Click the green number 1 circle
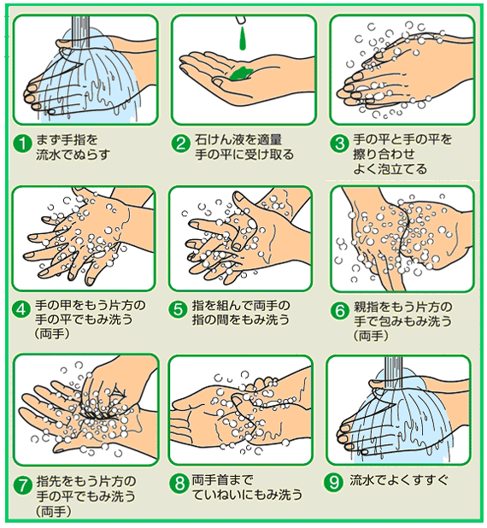point(22,144)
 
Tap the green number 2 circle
point(180,144)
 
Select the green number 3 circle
point(339,144)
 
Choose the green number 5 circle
point(178,309)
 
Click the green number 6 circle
point(339,311)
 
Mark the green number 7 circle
point(22,486)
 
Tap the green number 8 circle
point(179,484)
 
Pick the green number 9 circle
point(333,482)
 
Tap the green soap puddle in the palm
point(242,73)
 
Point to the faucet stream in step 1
point(81,31)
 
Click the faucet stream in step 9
point(393,370)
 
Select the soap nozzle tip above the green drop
point(241,20)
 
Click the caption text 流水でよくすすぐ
point(399,480)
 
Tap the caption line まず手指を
point(67,139)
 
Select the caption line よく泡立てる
point(390,168)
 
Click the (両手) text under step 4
point(52,333)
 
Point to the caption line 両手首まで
point(222,480)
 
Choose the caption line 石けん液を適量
point(238,139)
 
